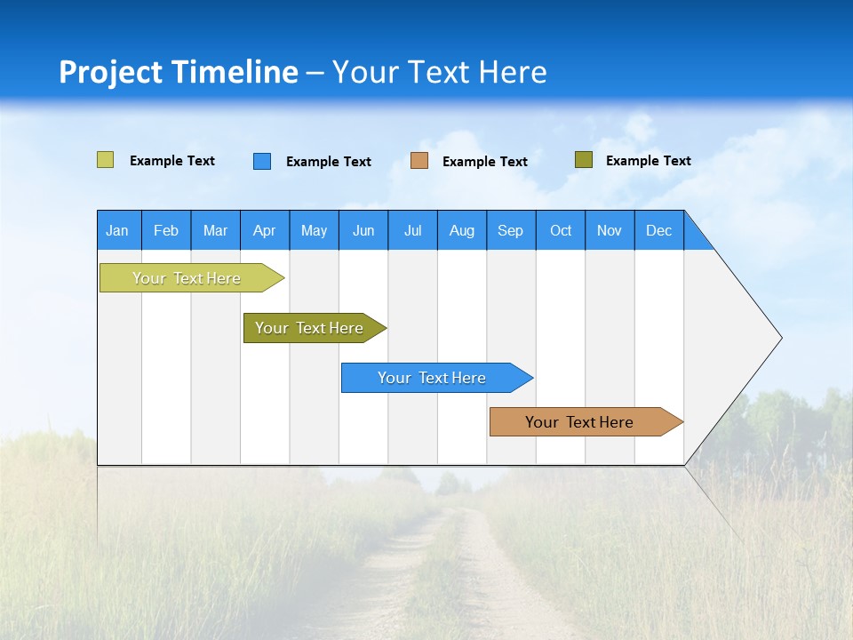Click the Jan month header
[118, 230]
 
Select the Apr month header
[265, 230]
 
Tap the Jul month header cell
[412, 230]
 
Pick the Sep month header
[511, 230]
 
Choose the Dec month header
[658, 230]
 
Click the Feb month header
[166, 230]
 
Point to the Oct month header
[561, 230]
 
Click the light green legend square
[106, 160]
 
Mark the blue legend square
[262, 161]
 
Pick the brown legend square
[419, 161]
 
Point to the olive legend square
[584, 160]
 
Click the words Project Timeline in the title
[179, 72]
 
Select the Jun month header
[363, 230]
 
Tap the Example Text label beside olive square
[648, 161]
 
